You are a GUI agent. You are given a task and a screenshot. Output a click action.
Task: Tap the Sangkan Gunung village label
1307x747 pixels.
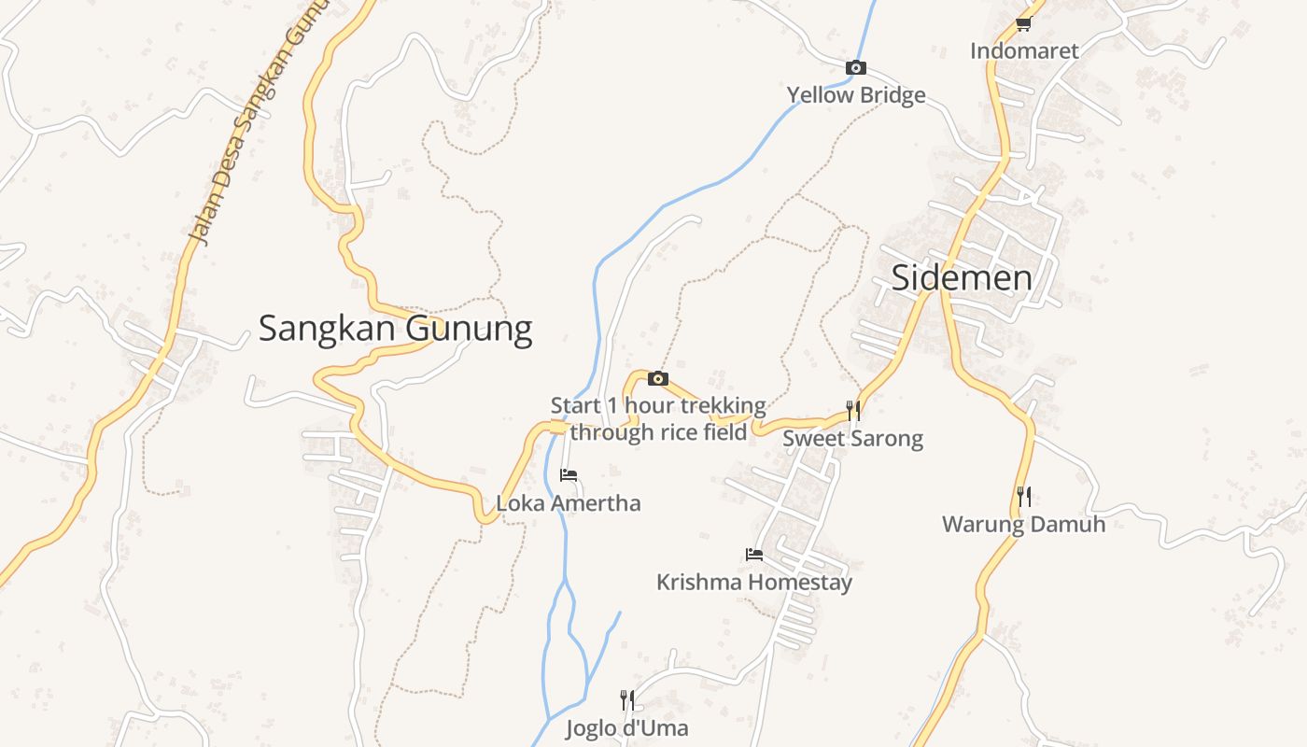pos(395,329)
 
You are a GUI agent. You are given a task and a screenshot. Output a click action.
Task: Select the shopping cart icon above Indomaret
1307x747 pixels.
pos(1023,24)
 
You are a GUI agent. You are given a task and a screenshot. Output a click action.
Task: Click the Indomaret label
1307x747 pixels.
pos(1024,50)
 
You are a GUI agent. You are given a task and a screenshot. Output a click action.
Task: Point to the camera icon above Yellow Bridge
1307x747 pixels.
pos(855,67)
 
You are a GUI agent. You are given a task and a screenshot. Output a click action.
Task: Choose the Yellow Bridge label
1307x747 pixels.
pos(856,94)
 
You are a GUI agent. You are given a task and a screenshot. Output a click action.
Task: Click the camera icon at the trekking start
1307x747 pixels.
pos(658,378)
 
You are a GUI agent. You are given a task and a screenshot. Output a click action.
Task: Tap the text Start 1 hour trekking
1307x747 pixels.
pos(658,406)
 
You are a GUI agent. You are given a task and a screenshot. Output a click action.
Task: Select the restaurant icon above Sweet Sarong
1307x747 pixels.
pos(852,411)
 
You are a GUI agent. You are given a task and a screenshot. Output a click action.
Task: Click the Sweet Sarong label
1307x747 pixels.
pos(852,438)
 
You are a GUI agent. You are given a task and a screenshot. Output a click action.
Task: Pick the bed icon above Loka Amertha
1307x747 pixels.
pos(569,475)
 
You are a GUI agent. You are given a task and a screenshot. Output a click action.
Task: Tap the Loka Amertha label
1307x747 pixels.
pos(569,503)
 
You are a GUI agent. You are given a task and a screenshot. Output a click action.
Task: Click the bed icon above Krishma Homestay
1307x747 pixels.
pos(754,555)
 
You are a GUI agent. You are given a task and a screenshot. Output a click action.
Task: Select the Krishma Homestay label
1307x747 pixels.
pos(754,583)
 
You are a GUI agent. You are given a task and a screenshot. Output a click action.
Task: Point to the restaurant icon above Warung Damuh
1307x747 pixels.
pos(1024,497)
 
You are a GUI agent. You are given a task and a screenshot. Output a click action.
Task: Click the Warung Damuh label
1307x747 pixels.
pos(1023,524)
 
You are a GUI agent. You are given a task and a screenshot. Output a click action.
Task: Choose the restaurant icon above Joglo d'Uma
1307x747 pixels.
pos(627,700)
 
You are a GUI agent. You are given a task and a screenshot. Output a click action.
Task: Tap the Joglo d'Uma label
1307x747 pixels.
pos(627,728)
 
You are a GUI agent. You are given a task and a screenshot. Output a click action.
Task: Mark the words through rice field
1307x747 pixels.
pos(659,432)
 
